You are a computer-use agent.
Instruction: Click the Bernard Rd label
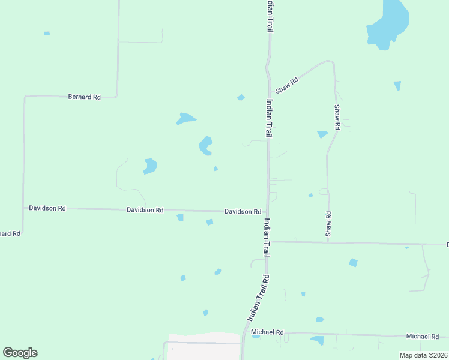84,97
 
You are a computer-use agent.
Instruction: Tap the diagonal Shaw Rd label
287,85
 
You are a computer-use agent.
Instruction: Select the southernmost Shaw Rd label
328,223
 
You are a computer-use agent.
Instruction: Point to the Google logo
20,353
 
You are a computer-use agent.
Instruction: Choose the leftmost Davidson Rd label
47,208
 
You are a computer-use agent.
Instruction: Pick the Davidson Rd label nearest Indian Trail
243,212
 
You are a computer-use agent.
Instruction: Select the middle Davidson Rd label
145,210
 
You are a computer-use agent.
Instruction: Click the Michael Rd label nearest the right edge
423,337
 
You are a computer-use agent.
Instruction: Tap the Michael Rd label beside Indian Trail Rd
267,332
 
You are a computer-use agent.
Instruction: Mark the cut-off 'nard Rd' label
10,233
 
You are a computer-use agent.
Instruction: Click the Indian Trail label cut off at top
270,16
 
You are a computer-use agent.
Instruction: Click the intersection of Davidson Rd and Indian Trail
267,212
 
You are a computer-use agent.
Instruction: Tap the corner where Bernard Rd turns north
116,95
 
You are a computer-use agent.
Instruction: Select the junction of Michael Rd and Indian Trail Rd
244,332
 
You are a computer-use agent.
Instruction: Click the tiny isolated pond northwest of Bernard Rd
47,34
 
